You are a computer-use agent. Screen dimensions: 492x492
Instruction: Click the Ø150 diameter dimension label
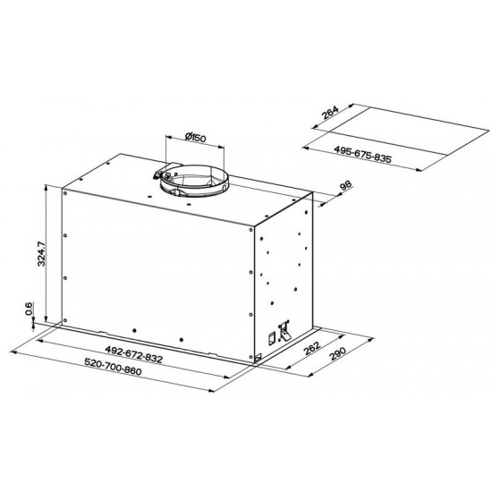pyautogui.click(x=196, y=137)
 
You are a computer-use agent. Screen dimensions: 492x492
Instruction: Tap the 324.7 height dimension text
pyautogui.click(x=41, y=253)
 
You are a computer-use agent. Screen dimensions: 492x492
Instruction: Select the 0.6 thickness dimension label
pyautogui.click(x=29, y=309)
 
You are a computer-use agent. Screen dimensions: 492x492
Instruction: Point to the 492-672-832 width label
pyautogui.click(x=134, y=354)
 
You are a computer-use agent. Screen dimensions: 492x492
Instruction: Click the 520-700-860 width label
pyautogui.click(x=113, y=367)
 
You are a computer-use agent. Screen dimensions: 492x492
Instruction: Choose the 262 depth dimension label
pyautogui.click(x=312, y=348)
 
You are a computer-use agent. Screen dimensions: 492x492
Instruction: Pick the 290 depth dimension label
pyautogui.click(x=337, y=354)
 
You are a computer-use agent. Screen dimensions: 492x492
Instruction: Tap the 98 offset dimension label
pyautogui.click(x=345, y=185)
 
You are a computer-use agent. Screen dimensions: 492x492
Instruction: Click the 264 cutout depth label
pyautogui.click(x=330, y=113)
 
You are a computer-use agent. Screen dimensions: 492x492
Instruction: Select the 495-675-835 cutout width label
pyautogui.click(x=362, y=154)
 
